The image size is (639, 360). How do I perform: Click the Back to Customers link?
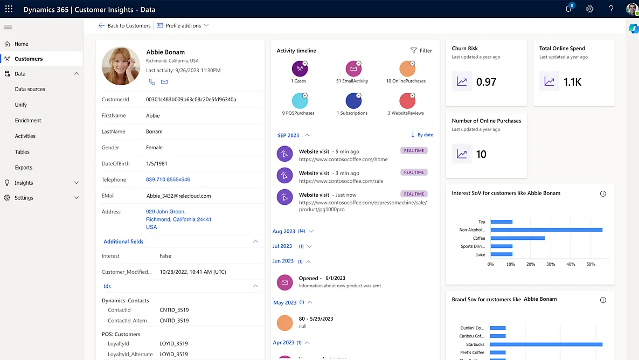click(125, 25)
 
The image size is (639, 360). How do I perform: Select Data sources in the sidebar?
click(30, 89)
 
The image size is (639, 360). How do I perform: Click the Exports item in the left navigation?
click(24, 168)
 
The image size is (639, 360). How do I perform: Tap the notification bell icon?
click(568, 9)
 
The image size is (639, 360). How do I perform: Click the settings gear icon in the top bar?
click(590, 9)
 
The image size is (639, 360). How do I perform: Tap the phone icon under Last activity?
click(152, 82)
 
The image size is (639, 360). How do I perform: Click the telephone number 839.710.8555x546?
click(168, 179)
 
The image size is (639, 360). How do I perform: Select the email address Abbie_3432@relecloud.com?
click(178, 196)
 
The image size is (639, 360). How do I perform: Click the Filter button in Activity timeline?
click(421, 51)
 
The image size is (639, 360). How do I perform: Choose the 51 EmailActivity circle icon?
click(353, 69)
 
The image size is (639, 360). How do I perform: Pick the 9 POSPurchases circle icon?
click(300, 101)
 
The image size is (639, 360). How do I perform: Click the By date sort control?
click(422, 135)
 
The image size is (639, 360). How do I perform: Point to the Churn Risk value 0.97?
click(486, 82)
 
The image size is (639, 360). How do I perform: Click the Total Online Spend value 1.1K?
click(573, 82)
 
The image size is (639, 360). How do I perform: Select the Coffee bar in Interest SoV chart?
click(517, 238)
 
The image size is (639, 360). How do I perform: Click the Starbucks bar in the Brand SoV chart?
click(546, 344)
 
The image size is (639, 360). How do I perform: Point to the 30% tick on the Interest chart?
click(551, 264)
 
